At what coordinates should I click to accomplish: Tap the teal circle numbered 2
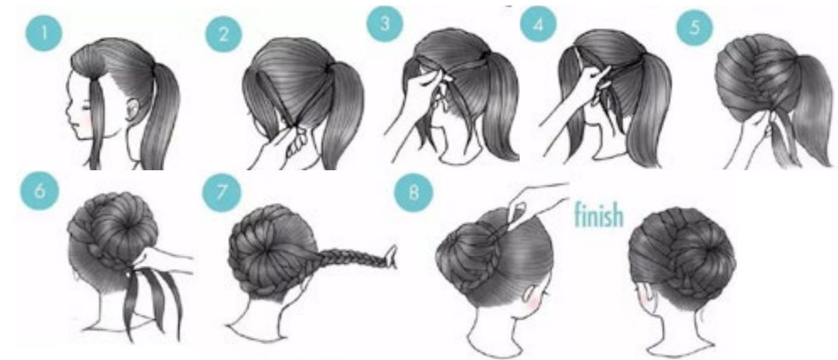click(224, 34)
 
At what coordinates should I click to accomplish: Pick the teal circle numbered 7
click(220, 190)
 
